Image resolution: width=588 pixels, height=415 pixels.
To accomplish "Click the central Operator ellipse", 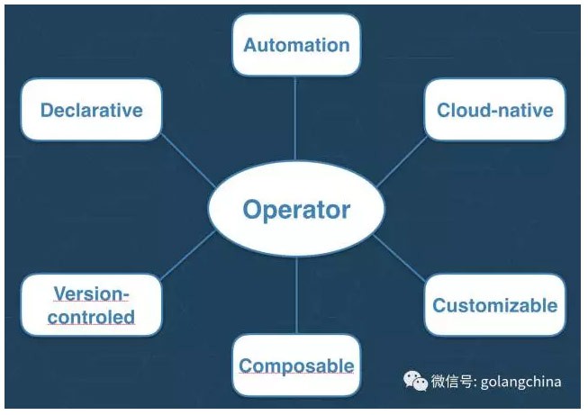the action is coord(296,209).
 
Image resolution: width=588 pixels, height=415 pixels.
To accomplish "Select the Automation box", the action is coord(296,45).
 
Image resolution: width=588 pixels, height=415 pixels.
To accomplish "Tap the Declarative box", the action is coord(92,110).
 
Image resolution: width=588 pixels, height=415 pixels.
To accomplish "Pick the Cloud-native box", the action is coord(495,110).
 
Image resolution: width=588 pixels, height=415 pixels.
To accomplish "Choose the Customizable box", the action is coord(495,305).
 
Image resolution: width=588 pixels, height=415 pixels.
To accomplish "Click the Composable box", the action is coord(296,365).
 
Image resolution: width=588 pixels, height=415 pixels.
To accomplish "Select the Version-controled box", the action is coord(92,305).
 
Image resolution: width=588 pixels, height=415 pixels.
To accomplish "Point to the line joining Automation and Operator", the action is coord(295,119).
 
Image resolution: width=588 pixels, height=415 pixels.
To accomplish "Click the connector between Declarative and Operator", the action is coord(188,160).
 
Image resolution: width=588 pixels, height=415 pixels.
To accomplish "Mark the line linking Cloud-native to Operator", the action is coord(402,162).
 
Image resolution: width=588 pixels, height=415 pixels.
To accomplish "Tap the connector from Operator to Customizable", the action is coord(399,258).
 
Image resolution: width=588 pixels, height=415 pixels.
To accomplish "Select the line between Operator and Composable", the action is coord(296,296).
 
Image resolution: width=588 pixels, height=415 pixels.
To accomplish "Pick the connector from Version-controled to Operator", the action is coord(188,256).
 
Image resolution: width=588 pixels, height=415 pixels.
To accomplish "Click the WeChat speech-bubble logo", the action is coord(415,381).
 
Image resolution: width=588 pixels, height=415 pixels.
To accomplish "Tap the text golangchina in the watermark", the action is coord(520,382).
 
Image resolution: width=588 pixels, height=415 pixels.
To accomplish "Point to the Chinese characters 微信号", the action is coord(452,382).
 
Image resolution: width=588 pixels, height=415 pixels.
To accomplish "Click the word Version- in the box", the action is coord(92,293).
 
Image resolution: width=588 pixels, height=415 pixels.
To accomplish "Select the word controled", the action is coord(91,317).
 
